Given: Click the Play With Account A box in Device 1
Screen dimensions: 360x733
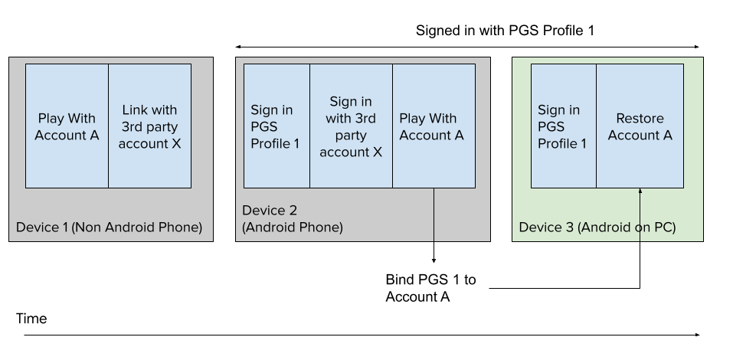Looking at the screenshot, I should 67,126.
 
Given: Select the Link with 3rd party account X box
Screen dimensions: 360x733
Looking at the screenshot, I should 149,126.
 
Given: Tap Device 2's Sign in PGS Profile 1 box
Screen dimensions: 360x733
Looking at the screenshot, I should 277,126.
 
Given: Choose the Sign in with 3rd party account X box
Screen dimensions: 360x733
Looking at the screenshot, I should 351,126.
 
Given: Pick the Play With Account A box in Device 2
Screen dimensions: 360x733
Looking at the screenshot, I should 434,126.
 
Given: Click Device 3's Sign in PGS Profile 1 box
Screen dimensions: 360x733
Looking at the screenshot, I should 563,126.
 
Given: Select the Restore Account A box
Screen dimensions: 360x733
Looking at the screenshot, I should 640,126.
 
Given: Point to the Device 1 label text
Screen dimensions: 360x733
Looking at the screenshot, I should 42,227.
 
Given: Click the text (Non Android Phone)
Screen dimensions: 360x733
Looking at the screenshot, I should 137,227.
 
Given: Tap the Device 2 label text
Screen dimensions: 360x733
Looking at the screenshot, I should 270,211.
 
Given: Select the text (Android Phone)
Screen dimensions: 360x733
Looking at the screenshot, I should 293,227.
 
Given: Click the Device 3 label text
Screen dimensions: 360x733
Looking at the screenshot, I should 546,227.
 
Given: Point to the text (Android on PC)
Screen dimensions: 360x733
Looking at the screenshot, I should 627,227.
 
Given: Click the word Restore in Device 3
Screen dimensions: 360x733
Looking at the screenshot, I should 640,118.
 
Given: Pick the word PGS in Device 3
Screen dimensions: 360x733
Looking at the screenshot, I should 551,126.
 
